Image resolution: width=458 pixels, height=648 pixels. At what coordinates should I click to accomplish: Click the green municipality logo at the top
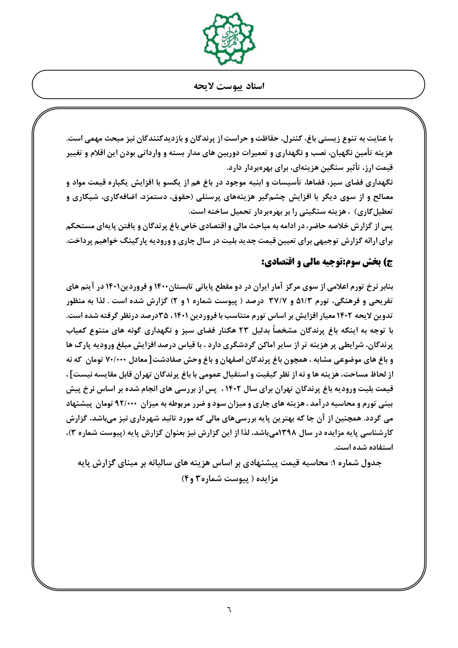(229, 38)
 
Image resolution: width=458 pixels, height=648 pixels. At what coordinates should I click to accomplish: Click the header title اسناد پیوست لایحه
(229, 86)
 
